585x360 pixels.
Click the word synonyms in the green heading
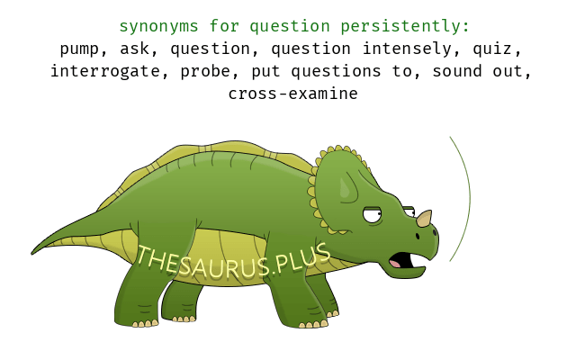[158, 27]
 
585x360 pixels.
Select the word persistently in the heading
[405, 27]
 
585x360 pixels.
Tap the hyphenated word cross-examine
[292, 94]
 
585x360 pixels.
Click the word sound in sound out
[457, 71]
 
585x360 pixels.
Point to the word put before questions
[265, 72]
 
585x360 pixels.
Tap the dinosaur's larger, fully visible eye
[373, 214]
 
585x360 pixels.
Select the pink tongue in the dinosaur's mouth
[395, 263]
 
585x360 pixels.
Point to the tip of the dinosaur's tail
[31, 254]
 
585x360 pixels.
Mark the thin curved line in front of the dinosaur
[470, 198]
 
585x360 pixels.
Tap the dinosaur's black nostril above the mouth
[418, 236]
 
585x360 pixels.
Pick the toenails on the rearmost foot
[144, 324]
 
